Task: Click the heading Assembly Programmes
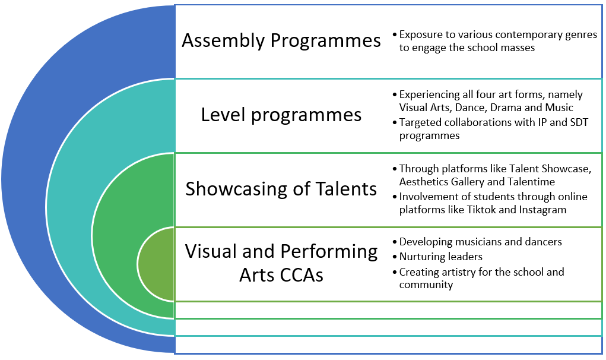[281, 40]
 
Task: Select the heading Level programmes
[281, 115]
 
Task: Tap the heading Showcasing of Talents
[281, 189]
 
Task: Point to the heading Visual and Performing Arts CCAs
[281, 263]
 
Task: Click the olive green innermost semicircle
[156, 264]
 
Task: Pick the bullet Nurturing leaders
[440, 257]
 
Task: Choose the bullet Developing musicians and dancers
[480, 242]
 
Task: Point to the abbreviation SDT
[579, 122]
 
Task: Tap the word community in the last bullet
[426, 285]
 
